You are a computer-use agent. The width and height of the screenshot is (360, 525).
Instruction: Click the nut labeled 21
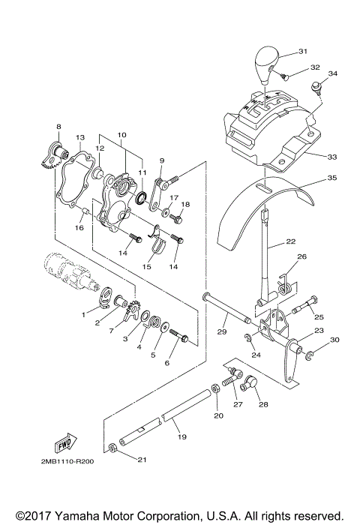point(111,448)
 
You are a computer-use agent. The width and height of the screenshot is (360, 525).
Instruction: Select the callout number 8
point(58,127)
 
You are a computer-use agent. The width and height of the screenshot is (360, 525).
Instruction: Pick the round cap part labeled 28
point(251,386)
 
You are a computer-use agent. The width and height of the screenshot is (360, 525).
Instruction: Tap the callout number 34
point(333,73)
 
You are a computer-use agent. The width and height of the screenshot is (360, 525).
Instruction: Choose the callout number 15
point(147,265)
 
